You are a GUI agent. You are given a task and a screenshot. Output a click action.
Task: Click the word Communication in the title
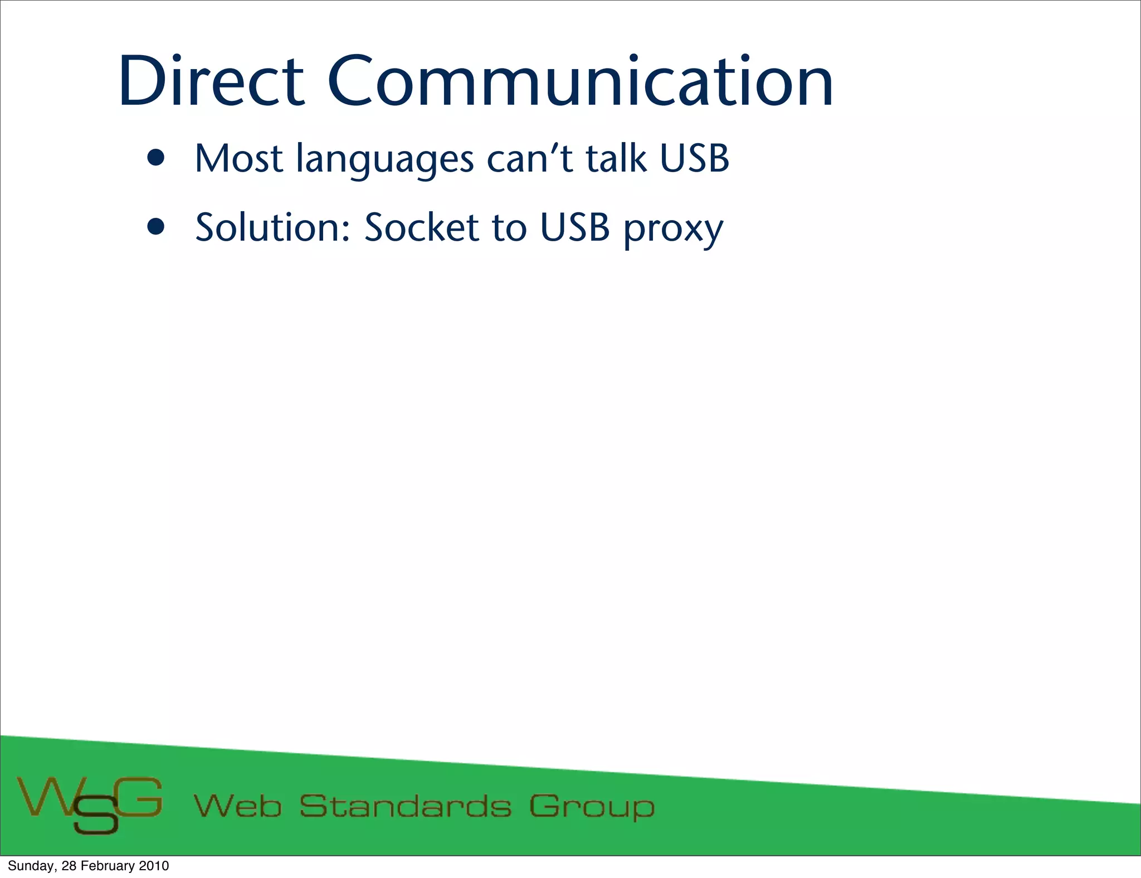pos(580,82)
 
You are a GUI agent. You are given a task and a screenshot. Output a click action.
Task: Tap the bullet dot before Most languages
pos(157,158)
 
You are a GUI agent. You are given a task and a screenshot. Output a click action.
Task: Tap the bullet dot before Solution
pos(157,227)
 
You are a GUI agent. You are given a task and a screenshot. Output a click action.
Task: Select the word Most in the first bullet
pos(239,159)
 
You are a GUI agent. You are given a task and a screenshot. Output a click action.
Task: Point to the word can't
pos(529,159)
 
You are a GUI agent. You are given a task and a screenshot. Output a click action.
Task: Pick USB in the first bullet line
pos(694,159)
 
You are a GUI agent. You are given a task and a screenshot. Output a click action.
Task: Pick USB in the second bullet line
pos(575,227)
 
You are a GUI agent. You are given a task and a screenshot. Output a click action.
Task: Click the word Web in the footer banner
pos(238,806)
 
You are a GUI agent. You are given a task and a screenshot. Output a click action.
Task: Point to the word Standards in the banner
pos(405,806)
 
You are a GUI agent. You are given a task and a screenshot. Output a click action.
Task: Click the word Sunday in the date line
pos(31,866)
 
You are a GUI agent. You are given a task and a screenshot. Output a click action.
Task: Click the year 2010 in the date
pos(154,866)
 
